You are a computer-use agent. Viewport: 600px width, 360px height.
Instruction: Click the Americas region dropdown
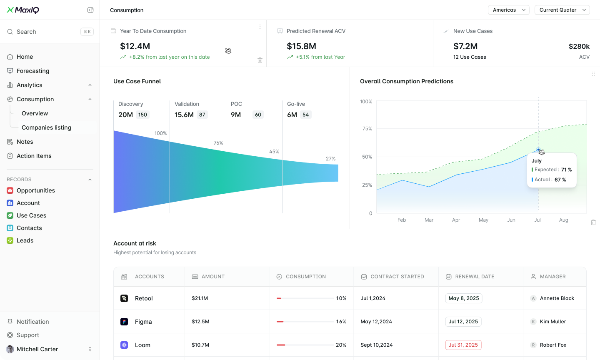pos(508,10)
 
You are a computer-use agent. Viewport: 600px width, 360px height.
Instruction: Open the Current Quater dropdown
pos(562,10)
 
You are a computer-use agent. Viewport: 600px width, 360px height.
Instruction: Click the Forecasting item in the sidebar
pos(33,71)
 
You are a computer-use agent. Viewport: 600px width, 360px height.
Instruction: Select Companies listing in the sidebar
pos(46,127)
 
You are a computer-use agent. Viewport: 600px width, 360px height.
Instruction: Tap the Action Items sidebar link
pos(34,156)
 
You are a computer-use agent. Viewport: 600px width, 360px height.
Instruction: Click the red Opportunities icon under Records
pos(10,190)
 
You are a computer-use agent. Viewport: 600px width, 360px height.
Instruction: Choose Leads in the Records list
pos(25,240)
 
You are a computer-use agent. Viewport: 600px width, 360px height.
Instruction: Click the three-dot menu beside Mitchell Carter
pos(90,349)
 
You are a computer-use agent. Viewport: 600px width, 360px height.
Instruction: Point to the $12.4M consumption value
pos(135,46)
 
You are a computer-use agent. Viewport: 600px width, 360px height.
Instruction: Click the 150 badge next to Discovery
pos(142,115)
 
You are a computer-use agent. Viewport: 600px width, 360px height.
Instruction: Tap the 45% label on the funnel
pos(274,152)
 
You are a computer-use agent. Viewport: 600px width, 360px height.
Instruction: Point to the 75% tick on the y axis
pos(367,129)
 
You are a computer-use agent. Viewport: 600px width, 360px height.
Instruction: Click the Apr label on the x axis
pos(456,220)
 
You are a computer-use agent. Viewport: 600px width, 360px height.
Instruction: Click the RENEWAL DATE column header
pos(475,277)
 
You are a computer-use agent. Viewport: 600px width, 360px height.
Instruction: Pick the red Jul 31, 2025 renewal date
pos(463,345)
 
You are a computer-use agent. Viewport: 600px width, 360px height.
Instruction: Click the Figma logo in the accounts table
pos(124,322)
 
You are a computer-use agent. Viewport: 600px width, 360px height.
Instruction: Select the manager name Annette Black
pos(557,298)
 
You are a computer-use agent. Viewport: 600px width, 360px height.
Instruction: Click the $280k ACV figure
pos(579,46)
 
